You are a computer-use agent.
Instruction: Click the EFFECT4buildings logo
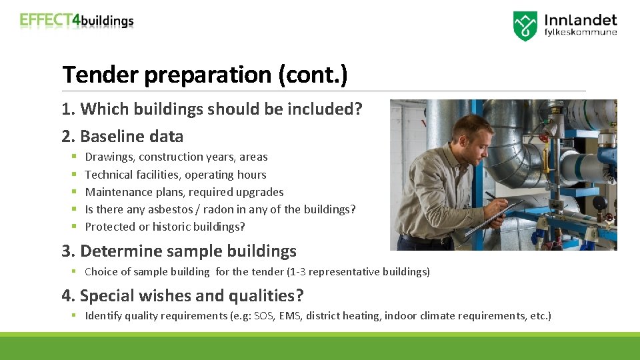tap(77, 20)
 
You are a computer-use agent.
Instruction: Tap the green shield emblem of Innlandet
tap(525, 26)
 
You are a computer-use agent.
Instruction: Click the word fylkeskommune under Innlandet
tap(581, 33)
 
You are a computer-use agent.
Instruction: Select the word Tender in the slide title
tap(101, 75)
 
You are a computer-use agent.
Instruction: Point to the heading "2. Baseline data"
tap(123, 136)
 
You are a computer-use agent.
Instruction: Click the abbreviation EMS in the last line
tap(289, 316)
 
